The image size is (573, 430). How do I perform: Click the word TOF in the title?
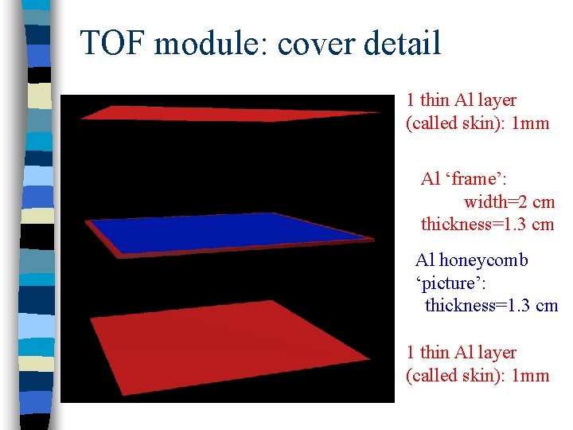(x=113, y=43)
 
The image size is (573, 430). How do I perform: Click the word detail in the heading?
(x=403, y=43)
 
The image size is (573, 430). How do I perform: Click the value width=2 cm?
(x=509, y=201)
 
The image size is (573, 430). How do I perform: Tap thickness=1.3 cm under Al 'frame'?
(x=487, y=224)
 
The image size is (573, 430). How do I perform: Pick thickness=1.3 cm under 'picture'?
(x=491, y=305)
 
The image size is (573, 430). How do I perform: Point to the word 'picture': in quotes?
(x=450, y=282)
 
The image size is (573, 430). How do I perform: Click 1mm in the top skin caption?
(x=529, y=123)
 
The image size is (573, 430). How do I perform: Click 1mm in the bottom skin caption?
(x=529, y=375)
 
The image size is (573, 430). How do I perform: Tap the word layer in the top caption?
(x=497, y=100)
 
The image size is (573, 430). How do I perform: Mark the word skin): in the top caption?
(x=487, y=123)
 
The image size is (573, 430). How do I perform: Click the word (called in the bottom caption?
(x=431, y=375)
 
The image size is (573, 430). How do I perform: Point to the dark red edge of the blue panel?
(x=239, y=250)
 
